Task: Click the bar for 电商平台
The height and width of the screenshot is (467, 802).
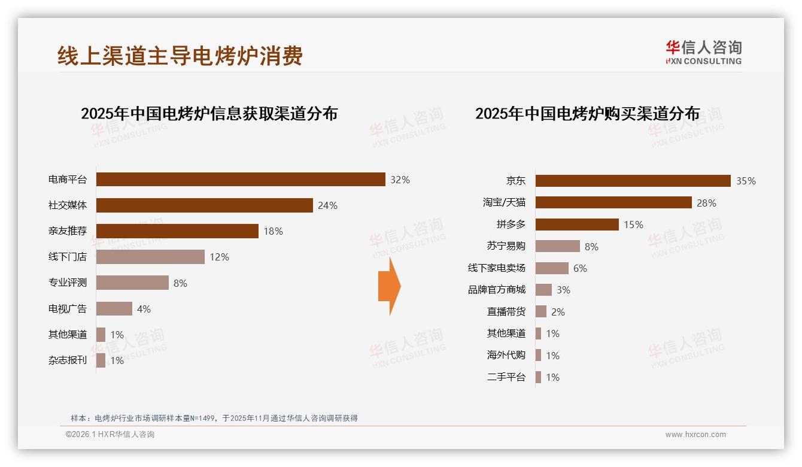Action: pos(241,180)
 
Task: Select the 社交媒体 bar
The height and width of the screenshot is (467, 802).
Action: pos(205,205)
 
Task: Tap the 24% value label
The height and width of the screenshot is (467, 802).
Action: pos(327,205)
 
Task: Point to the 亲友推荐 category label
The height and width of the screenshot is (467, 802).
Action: pos(68,231)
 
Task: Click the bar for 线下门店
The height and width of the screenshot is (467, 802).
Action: pos(150,257)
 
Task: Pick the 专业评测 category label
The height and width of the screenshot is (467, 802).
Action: pos(68,283)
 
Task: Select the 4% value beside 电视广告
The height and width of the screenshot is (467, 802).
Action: pos(144,309)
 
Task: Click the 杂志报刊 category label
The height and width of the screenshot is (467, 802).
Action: pos(68,360)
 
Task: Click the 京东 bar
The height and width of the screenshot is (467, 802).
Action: pos(633,181)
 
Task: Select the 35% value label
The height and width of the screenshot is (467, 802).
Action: pos(746,181)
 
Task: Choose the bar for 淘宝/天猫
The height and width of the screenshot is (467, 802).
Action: pos(613,202)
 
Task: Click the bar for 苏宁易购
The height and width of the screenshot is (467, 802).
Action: pos(557,246)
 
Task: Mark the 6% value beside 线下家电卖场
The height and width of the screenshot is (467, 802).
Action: pos(580,268)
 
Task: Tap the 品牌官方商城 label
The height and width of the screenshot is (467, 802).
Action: pos(496,290)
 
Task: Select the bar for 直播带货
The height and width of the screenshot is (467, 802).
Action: pos(541,311)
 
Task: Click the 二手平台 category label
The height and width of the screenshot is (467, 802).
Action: pos(506,377)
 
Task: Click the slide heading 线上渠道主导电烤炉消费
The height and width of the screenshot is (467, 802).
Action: pos(180,56)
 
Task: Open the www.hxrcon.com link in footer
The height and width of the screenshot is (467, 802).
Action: pos(695,435)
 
